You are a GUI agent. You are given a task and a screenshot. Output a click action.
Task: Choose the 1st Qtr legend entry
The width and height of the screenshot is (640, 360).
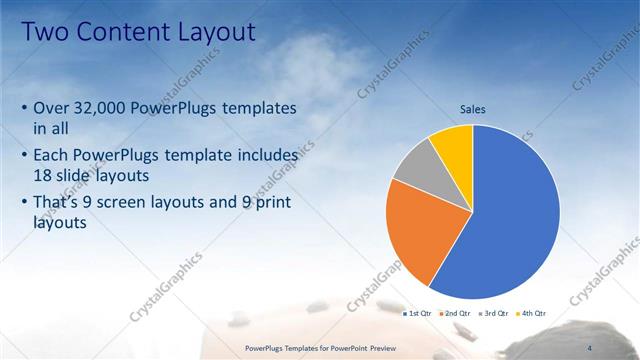[x=417, y=314]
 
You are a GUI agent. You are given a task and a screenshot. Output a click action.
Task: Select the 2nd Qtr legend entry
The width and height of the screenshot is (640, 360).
[x=456, y=314]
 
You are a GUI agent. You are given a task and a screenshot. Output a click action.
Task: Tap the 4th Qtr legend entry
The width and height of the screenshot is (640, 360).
[x=531, y=314]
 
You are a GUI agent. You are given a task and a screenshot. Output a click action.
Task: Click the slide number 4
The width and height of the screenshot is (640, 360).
[x=590, y=347]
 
